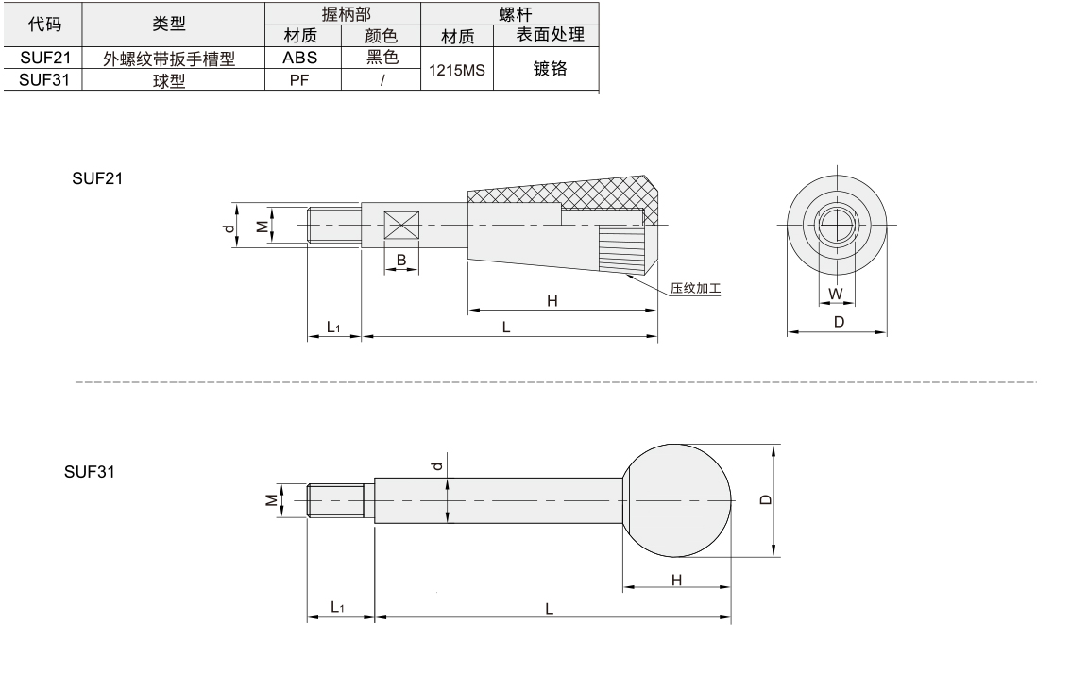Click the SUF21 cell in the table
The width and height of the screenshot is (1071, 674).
tap(45, 58)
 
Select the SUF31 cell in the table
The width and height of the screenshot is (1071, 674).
tap(44, 80)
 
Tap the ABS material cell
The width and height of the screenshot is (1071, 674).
tap(299, 58)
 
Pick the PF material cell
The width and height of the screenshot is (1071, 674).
tap(299, 80)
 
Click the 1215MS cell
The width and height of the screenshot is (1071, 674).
tap(456, 70)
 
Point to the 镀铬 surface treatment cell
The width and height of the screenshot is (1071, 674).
tap(550, 68)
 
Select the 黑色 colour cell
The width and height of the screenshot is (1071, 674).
tap(382, 58)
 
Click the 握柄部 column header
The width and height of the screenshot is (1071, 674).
tap(347, 13)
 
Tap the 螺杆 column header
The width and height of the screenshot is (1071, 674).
tap(515, 13)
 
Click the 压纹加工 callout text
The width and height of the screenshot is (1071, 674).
tap(695, 288)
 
